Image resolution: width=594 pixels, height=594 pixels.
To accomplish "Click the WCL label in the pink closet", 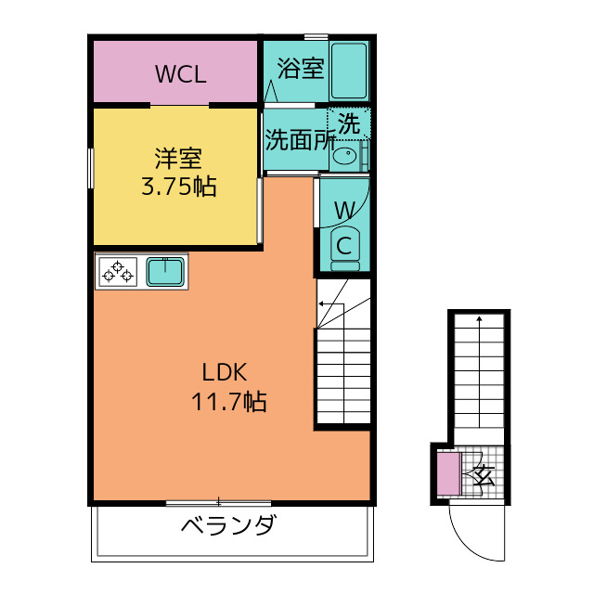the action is (x=181, y=74).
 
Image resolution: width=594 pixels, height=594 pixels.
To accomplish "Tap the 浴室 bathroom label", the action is (x=301, y=69).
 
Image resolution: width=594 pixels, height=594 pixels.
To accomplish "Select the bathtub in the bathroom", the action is (x=349, y=71).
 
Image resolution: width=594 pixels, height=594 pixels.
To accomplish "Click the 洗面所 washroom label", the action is (x=300, y=139).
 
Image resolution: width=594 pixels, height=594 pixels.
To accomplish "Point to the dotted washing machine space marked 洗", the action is (x=349, y=123).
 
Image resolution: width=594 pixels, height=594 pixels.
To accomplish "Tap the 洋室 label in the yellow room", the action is (x=178, y=158).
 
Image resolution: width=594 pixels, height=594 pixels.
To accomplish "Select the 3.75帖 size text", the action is (x=179, y=187).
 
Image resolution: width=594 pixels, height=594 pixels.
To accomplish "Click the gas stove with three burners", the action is (x=118, y=272).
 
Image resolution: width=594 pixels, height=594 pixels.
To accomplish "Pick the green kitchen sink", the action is (x=165, y=272).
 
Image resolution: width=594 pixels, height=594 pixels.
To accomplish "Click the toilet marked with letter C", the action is (x=344, y=249).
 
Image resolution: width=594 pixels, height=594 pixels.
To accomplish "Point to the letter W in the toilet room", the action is (x=344, y=210).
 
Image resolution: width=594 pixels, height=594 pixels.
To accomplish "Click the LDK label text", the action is (x=225, y=372).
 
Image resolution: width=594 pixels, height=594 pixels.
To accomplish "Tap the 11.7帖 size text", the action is (x=229, y=402).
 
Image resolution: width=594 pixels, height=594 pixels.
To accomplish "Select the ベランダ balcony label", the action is (x=229, y=525).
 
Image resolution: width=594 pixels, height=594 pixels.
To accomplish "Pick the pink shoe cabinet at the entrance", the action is (x=449, y=474).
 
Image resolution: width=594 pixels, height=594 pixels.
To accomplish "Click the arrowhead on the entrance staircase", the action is (x=479, y=318).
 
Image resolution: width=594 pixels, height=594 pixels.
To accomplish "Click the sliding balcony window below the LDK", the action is (x=219, y=503).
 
